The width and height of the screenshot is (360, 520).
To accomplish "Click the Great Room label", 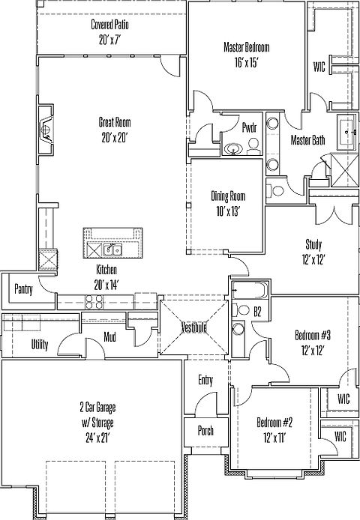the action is (x=115, y=122).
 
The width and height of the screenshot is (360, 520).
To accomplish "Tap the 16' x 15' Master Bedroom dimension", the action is (x=247, y=62).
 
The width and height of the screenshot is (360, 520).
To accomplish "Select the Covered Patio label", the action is (x=110, y=25).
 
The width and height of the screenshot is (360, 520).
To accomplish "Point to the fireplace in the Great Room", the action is (x=46, y=130).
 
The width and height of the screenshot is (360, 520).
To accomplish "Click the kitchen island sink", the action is (x=112, y=250).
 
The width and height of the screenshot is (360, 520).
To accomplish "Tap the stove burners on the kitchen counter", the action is (x=94, y=301).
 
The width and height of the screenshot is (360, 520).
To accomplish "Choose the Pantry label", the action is (x=23, y=289).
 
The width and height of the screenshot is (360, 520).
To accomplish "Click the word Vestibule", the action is (x=194, y=327).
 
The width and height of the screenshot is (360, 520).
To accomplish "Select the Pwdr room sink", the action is (x=233, y=149).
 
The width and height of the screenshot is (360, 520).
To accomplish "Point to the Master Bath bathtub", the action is (x=347, y=133).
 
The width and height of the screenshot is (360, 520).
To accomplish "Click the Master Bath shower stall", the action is (x=345, y=170).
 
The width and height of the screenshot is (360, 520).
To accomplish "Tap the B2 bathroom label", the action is (x=257, y=312).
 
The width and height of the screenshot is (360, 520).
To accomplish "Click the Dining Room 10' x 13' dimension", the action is (x=228, y=211).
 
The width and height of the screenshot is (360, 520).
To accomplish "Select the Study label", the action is (x=313, y=245).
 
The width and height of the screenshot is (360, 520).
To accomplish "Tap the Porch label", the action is (x=205, y=431).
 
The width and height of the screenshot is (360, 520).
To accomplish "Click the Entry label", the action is (x=205, y=380).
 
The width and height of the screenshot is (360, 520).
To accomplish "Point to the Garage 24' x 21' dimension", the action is (x=97, y=438).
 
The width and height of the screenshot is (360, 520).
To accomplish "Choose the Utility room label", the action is (x=40, y=345).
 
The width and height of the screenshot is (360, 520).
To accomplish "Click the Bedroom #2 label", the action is (x=274, y=423).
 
